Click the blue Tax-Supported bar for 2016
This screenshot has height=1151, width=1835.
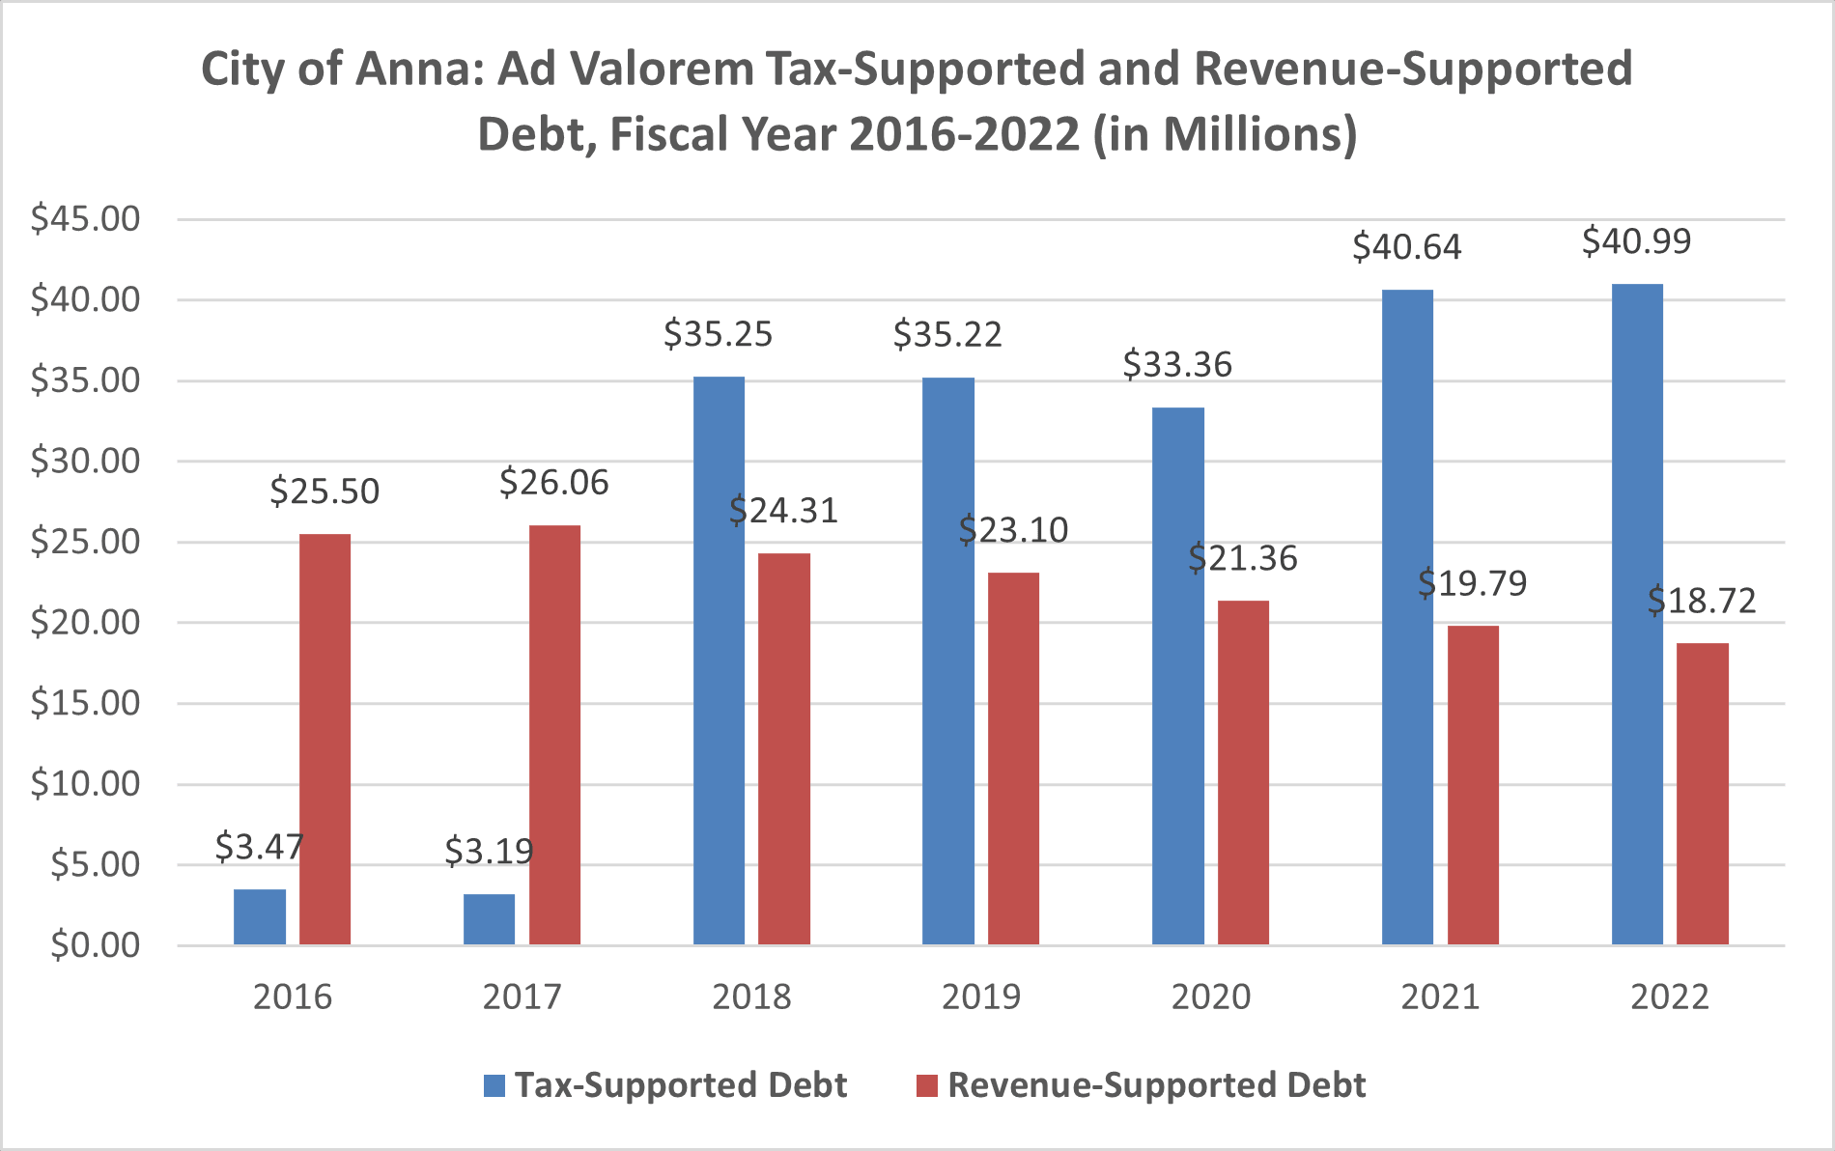(259, 916)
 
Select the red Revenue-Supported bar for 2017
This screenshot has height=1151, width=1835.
(554, 734)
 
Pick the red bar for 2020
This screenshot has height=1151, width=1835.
(1243, 772)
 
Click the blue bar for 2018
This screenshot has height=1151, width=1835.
(719, 660)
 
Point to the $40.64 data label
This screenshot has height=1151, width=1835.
(1406, 247)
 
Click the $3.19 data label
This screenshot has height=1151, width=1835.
(489, 851)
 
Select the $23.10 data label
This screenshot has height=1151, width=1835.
(1013, 530)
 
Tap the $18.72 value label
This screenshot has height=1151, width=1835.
(1701, 601)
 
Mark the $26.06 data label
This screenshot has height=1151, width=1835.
(553, 482)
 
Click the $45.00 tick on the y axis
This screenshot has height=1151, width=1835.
(85, 219)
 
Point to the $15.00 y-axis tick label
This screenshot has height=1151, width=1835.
(85, 702)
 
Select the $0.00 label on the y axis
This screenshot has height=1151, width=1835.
(95, 944)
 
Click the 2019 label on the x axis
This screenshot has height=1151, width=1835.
(980, 997)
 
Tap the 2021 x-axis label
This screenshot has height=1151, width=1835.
(1440, 997)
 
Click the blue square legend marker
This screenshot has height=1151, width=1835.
(494, 1085)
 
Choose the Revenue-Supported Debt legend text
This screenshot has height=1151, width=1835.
(1156, 1085)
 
